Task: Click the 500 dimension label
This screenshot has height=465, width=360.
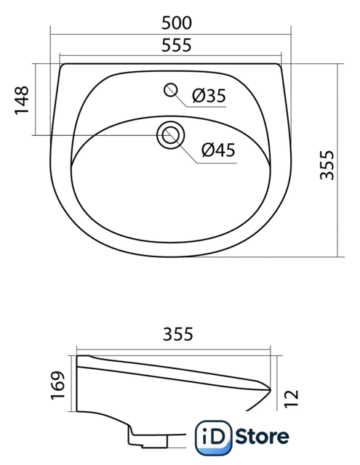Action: pos(177,23)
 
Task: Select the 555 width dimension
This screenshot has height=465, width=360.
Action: pos(177,45)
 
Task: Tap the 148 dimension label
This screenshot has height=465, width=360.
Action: pos(22,100)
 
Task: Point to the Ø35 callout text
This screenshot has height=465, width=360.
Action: pos(209,96)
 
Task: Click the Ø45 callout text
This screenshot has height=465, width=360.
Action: pos(218,150)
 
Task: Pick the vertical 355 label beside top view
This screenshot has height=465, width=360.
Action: pos(327,165)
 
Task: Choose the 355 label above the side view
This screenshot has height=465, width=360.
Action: pos(177,334)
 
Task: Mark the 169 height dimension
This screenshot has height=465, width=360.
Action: pos(57,385)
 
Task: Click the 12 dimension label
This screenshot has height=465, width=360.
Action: pos(291,399)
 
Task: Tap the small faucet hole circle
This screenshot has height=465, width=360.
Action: pos(171,90)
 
